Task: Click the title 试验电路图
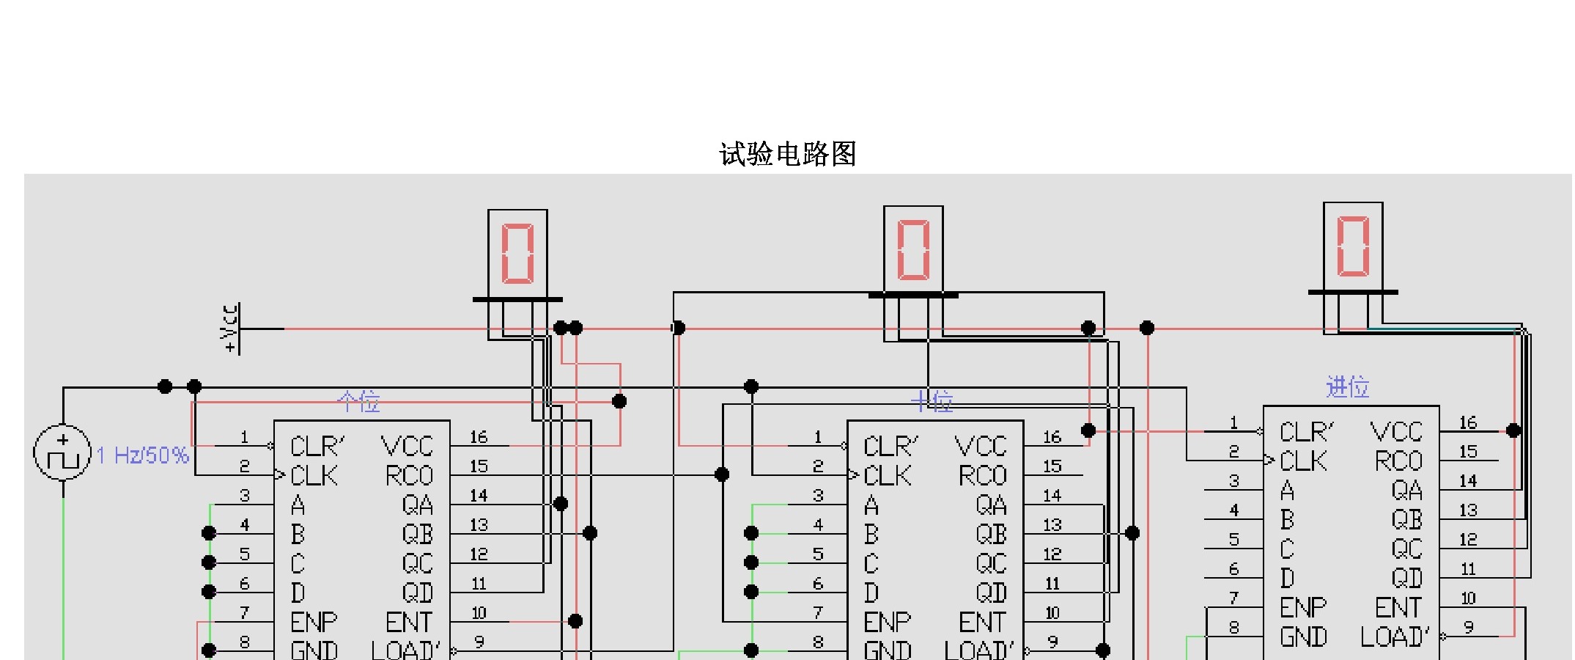(x=788, y=154)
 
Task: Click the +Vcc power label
(x=230, y=328)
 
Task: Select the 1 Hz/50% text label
(x=143, y=455)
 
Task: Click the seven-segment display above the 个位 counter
(x=517, y=254)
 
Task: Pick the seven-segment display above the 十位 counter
(x=913, y=250)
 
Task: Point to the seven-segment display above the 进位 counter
(x=1353, y=246)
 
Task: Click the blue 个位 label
(x=358, y=401)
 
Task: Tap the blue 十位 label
(x=932, y=401)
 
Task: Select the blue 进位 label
(x=1348, y=386)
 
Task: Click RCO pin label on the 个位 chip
(x=409, y=476)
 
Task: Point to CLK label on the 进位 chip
(x=1303, y=461)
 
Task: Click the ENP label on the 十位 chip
(x=887, y=622)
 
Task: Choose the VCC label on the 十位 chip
(x=981, y=446)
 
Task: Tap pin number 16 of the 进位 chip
(x=1467, y=422)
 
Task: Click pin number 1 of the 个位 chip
(x=244, y=437)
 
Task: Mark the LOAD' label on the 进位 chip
(x=1395, y=637)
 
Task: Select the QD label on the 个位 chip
(x=417, y=593)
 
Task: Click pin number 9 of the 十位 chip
(x=1052, y=642)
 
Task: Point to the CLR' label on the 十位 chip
(x=890, y=446)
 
